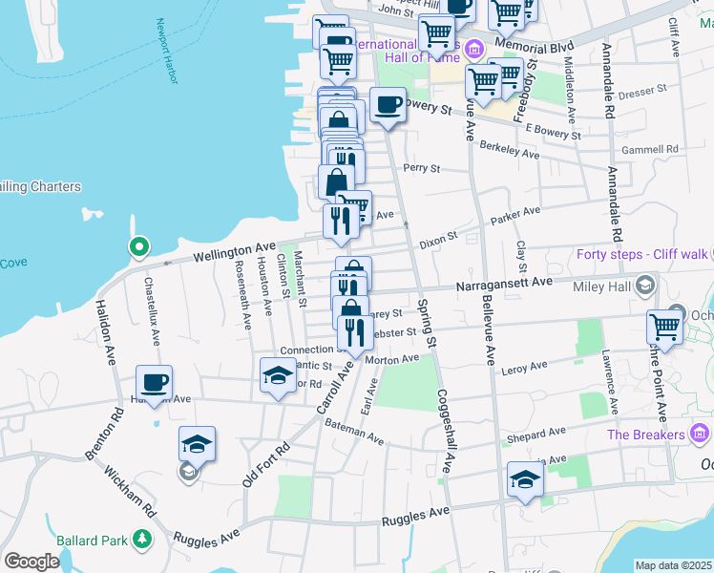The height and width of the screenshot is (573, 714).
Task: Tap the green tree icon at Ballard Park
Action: [x=142, y=541]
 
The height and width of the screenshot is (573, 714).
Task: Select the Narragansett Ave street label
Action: [x=504, y=284]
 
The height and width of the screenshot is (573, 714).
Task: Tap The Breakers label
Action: [x=646, y=435]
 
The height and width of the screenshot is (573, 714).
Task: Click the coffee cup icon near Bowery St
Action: [x=388, y=105]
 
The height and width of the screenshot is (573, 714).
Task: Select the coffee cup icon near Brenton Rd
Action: [x=154, y=382]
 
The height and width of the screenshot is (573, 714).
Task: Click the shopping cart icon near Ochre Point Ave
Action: [x=665, y=326]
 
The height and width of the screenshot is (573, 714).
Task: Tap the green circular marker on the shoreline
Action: [x=138, y=248]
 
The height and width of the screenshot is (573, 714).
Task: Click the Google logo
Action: [x=31, y=561]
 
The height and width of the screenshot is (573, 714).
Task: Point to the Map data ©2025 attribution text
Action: [x=674, y=565]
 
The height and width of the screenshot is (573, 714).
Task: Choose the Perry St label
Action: [x=420, y=168]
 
